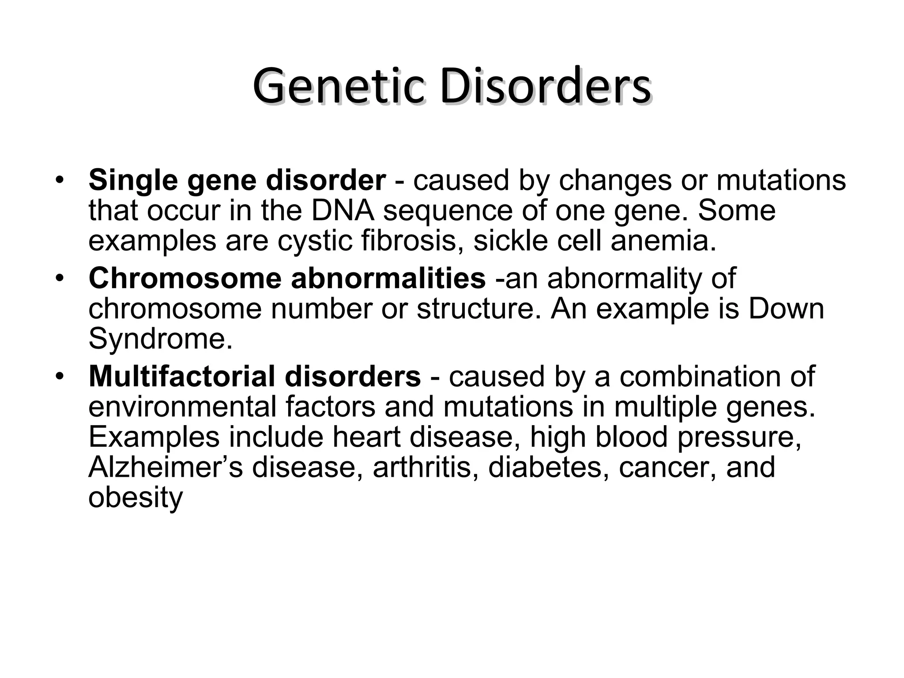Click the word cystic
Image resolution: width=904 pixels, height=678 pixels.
coord(315,241)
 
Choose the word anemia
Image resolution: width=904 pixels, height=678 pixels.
coord(663,241)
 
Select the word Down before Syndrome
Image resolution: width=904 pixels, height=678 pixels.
coord(786,309)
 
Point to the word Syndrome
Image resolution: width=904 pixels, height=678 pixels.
coord(160,339)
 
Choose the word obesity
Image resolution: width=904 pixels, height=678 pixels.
coord(136,497)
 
